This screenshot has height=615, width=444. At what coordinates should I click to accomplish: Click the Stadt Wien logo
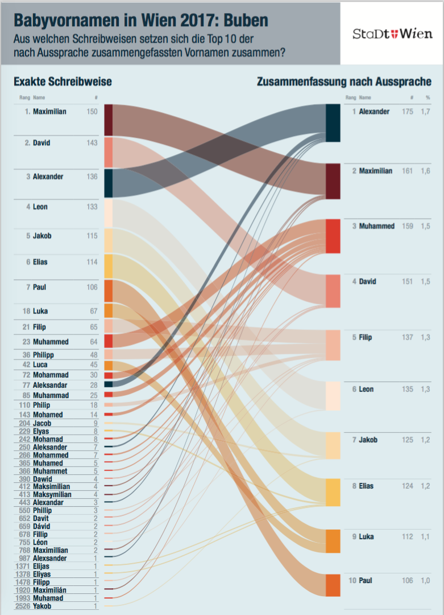click(392, 34)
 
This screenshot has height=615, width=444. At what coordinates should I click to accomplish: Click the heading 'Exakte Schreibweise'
click(63, 82)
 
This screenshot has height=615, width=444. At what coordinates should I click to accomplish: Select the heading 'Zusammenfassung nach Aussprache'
click(344, 82)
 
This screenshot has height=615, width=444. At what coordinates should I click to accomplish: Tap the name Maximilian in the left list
click(49, 112)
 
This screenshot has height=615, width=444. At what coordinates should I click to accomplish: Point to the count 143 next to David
click(92, 143)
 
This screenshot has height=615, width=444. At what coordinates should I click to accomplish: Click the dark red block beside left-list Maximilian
click(108, 120)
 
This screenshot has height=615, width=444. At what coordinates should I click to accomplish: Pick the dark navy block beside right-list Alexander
click(333, 122)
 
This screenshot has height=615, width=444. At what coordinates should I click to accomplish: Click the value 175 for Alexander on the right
click(408, 112)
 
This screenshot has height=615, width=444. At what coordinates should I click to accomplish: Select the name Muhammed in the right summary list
click(376, 226)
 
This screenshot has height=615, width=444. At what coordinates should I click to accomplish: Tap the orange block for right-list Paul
click(333, 585)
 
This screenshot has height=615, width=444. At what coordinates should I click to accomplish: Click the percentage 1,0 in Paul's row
click(426, 580)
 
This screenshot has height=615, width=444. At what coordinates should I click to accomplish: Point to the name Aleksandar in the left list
click(51, 386)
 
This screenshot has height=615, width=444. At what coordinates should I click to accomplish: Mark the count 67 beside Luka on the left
click(93, 311)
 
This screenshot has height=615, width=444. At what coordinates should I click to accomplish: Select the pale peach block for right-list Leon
click(333, 396)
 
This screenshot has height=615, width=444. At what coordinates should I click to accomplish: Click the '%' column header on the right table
click(428, 98)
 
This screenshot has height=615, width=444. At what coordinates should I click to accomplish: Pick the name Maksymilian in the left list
click(52, 495)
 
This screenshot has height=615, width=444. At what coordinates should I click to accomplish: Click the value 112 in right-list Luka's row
click(408, 536)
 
